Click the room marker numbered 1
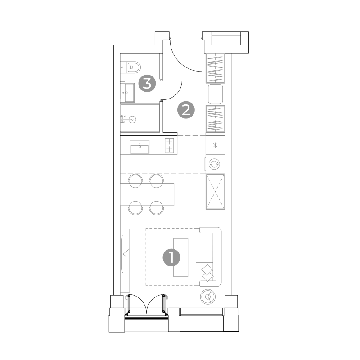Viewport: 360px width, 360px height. coord(171,257)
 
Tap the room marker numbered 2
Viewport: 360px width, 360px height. coord(186,110)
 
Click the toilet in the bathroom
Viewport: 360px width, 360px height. coord(133,67)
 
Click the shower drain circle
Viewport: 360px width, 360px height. coord(132,119)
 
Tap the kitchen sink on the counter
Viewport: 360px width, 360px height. coord(140,147)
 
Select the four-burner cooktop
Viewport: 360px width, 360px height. coord(169,145)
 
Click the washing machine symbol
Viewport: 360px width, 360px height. coord(215,164)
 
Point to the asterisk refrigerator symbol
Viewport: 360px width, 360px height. coord(215,145)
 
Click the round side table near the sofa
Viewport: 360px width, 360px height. coord(208,297)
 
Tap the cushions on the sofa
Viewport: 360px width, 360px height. coord(207,273)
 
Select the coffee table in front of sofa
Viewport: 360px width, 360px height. coord(180,257)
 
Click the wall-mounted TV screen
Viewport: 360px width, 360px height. coord(123,254)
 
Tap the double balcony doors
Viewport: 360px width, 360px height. coord(146,304)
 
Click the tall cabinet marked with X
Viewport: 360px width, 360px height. coord(215,192)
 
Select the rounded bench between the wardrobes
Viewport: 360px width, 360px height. coord(216,94)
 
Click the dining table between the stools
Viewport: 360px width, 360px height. coord(147,194)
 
